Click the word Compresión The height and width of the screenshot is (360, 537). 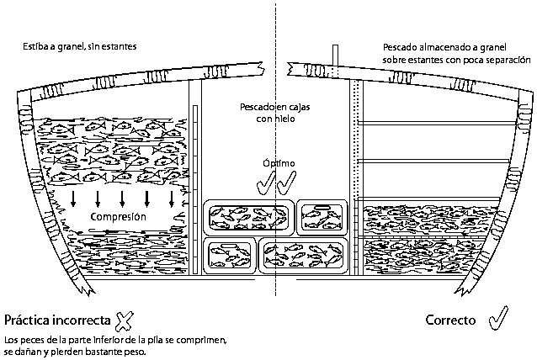120,218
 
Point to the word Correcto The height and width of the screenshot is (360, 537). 450,320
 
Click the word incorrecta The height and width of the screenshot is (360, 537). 80,320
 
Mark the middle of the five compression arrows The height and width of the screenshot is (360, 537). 123,199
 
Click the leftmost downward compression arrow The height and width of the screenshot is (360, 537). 73,199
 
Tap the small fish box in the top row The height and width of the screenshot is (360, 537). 322,218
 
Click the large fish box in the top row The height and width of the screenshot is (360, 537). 249,218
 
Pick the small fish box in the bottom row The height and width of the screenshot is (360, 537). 229,255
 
